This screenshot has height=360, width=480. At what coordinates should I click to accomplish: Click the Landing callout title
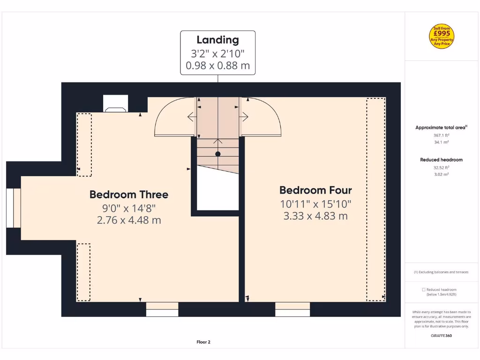tap(217, 40)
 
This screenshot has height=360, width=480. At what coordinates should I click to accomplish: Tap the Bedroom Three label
tap(128, 195)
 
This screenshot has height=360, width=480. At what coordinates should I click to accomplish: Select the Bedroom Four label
tap(315, 190)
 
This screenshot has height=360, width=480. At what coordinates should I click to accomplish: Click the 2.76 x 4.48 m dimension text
tap(128, 220)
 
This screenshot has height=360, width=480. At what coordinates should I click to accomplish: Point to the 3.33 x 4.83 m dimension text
tap(315, 216)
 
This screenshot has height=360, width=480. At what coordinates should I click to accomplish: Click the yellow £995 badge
tap(442, 36)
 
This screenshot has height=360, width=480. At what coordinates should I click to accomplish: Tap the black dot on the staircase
tap(217, 154)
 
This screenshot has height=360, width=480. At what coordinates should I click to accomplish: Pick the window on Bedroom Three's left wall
tap(13, 208)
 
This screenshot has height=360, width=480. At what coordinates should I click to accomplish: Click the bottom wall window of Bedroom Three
tap(162, 309)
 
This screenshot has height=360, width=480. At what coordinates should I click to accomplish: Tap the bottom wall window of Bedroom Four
tap(292, 309)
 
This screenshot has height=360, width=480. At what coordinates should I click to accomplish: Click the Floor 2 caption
tap(203, 342)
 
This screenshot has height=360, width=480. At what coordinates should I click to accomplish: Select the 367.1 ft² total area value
tap(442, 135)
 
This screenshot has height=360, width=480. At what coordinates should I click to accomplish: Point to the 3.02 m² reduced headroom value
tap(442, 174)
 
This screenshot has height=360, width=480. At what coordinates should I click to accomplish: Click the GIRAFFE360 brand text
tap(442, 336)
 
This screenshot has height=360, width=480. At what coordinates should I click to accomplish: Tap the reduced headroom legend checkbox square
tap(424, 290)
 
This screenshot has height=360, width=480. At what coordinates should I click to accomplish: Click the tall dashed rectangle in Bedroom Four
tap(376, 199)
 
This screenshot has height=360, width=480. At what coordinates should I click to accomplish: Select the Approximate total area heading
tap(441, 127)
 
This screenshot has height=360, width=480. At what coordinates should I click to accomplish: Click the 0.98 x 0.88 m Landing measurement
tap(217, 66)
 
